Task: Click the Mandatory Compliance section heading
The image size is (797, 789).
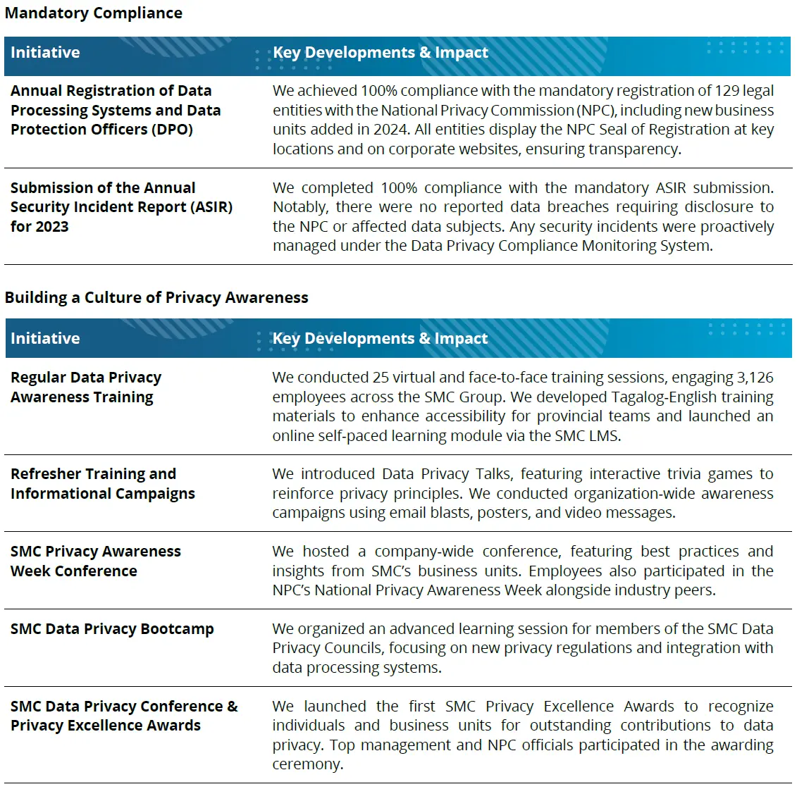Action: (x=93, y=13)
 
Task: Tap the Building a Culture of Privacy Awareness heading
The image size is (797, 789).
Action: (x=156, y=297)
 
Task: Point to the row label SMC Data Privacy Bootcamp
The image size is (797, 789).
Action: (x=112, y=629)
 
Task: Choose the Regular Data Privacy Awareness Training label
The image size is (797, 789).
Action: (x=85, y=387)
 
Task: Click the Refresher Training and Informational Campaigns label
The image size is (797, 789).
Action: (x=102, y=484)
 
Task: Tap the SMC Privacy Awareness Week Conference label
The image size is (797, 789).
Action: (x=95, y=561)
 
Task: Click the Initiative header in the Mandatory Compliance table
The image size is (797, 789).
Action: (x=45, y=53)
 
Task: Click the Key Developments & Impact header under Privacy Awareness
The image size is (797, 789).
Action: (x=380, y=339)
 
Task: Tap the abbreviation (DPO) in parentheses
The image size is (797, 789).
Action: (x=167, y=130)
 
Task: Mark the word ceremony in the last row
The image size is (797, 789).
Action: (x=307, y=764)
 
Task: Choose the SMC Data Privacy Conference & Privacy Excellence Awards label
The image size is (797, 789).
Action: (x=123, y=716)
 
